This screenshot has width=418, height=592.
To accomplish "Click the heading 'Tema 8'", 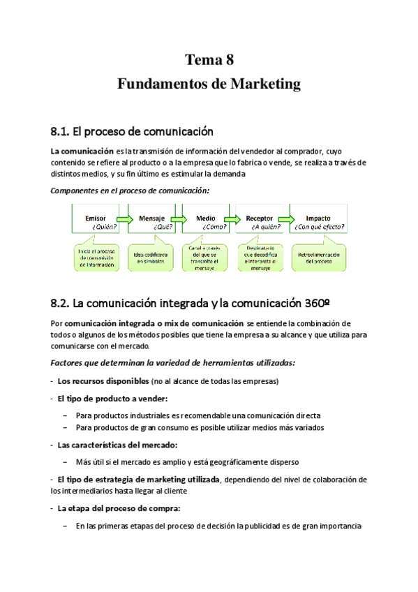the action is tap(209, 59).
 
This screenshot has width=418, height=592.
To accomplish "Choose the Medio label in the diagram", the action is tap(205, 218).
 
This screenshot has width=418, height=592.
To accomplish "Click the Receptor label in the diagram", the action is tap(259, 218).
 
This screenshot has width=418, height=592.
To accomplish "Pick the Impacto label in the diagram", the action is tap(318, 218).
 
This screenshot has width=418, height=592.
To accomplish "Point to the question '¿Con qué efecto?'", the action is tap(320, 227).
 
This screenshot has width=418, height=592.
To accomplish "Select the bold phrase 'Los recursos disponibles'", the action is tap(103, 380).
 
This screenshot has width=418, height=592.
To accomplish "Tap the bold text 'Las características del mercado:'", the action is tap(117, 445).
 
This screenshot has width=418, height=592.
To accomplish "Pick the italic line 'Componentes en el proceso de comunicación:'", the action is tap(130, 190).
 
